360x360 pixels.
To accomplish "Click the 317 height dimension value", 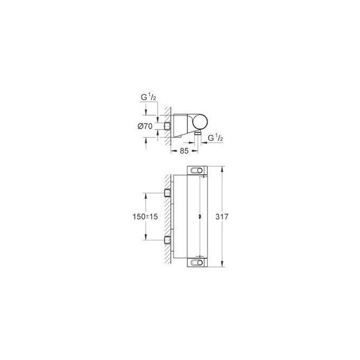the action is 222,217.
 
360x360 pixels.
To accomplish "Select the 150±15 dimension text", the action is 145,217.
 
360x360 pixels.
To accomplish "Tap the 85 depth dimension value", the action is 184,151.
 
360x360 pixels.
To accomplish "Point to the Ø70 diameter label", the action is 145,126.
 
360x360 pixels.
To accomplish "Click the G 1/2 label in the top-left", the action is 149,97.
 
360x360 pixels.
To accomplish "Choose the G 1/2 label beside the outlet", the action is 215,138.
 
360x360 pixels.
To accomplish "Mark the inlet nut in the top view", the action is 167,126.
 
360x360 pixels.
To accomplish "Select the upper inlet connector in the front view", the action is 167,193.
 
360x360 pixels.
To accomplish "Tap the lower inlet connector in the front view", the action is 167,240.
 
